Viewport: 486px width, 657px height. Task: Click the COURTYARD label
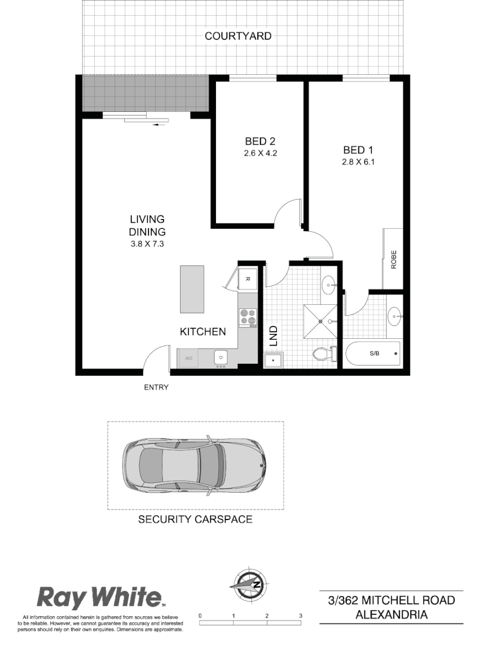pos(238,36)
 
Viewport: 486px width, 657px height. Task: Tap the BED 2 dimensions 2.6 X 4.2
pos(260,153)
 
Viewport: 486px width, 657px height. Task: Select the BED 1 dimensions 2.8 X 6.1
pos(358,162)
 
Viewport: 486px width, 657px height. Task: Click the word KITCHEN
pos(203,332)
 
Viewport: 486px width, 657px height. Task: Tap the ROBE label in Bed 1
pos(394,260)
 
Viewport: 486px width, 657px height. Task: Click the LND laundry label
pos(273,336)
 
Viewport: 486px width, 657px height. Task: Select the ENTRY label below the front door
pos(156,387)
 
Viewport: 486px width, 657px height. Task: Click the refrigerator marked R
pos(248,279)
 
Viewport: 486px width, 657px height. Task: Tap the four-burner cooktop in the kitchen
pos(248,317)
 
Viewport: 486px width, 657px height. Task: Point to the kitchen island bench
pos(192,288)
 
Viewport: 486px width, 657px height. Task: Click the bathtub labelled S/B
pos(372,353)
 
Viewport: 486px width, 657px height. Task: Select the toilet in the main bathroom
pos(322,354)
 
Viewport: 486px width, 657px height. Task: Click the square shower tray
pos(320,321)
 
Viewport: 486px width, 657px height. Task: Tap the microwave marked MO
pos(189,358)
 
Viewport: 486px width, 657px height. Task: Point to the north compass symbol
pos(249,583)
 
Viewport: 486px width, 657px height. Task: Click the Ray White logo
pos(101,597)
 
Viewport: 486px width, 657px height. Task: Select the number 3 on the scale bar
pos(300,616)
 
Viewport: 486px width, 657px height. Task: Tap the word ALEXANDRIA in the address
pos(392,614)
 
